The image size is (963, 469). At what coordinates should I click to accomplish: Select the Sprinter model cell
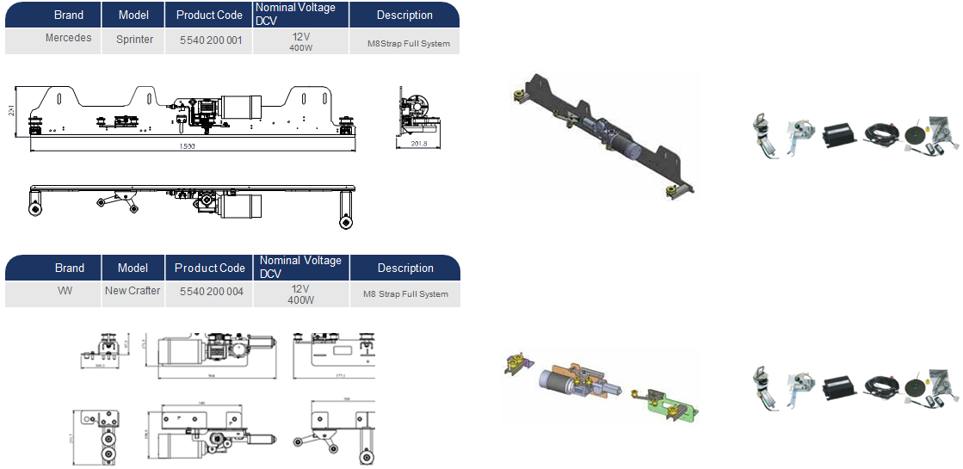pos(134,40)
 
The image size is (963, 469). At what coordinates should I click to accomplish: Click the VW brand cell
pos(65,291)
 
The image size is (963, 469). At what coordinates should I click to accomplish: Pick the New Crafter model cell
pos(133,291)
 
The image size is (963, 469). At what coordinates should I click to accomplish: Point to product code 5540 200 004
pos(212,292)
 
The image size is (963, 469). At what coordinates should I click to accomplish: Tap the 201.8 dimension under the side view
pos(419,144)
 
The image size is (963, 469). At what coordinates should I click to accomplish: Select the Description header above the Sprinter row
pos(404,15)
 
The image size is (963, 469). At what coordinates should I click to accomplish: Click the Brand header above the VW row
pos(70,268)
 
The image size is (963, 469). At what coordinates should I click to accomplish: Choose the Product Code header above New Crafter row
pos(209,268)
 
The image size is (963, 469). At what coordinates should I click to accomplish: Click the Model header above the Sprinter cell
pos(133,15)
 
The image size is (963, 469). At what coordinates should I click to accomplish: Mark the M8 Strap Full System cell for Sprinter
pos(404,43)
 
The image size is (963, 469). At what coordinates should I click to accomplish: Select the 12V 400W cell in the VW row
pos(301,294)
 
